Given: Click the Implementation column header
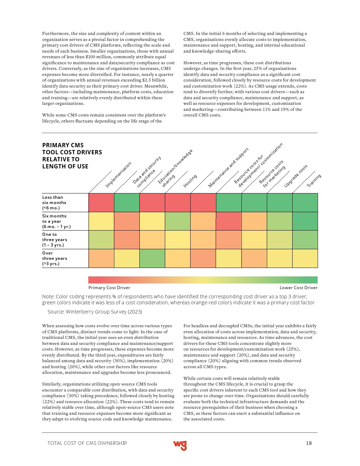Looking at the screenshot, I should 118,174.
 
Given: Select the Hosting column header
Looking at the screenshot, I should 190,181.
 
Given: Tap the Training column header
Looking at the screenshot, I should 313,180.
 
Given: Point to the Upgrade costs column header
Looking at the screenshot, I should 295,176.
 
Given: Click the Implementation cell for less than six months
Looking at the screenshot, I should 101,203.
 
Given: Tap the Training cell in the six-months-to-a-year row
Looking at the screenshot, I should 305,221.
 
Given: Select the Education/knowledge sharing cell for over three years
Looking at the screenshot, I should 152,258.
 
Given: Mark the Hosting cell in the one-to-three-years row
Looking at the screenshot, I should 178,240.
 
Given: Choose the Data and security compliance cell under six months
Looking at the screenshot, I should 127,203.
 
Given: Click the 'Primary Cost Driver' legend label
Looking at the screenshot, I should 109,288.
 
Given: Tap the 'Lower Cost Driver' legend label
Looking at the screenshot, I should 298,288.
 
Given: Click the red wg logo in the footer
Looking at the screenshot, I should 180,445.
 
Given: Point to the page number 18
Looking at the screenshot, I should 309,443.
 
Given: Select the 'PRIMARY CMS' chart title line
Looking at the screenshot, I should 63,145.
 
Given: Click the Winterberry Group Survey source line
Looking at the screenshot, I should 95,312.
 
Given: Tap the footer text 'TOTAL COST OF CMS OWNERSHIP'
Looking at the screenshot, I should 87,443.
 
